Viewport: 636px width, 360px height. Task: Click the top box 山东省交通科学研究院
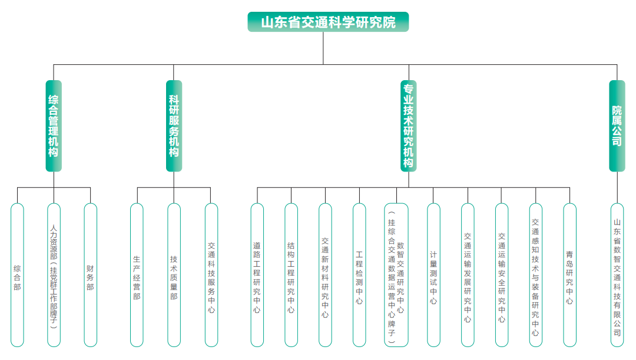tap(328, 22)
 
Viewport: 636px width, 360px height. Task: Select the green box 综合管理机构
tap(54, 125)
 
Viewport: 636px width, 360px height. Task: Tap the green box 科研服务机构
tap(174, 125)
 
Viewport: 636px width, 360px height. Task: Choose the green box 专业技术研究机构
tap(409, 125)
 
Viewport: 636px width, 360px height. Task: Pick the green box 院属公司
tap(617, 125)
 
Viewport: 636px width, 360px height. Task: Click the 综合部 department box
tap(17, 275)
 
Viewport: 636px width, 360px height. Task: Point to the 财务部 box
tap(90, 275)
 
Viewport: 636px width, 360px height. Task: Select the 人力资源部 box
tap(54, 275)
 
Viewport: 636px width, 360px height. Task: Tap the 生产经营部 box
tap(137, 275)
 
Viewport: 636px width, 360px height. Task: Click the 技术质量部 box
tap(174, 275)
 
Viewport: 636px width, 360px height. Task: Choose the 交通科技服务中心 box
tap(211, 275)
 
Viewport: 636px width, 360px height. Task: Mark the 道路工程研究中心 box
tap(257, 275)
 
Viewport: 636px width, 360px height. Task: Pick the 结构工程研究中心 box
tap(291, 275)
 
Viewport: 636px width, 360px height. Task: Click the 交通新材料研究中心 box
tap(325, 275)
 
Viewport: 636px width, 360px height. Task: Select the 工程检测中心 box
tap(359, 275)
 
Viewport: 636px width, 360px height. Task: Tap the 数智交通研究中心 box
tap(396, 275)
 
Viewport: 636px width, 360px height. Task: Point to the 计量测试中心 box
tap(433, 275)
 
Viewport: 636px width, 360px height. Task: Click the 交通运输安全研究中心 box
tap(501, 275)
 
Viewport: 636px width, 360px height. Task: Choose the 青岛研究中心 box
tap(569, 275)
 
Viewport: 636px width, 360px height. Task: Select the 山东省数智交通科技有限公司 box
tap(617, 275)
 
